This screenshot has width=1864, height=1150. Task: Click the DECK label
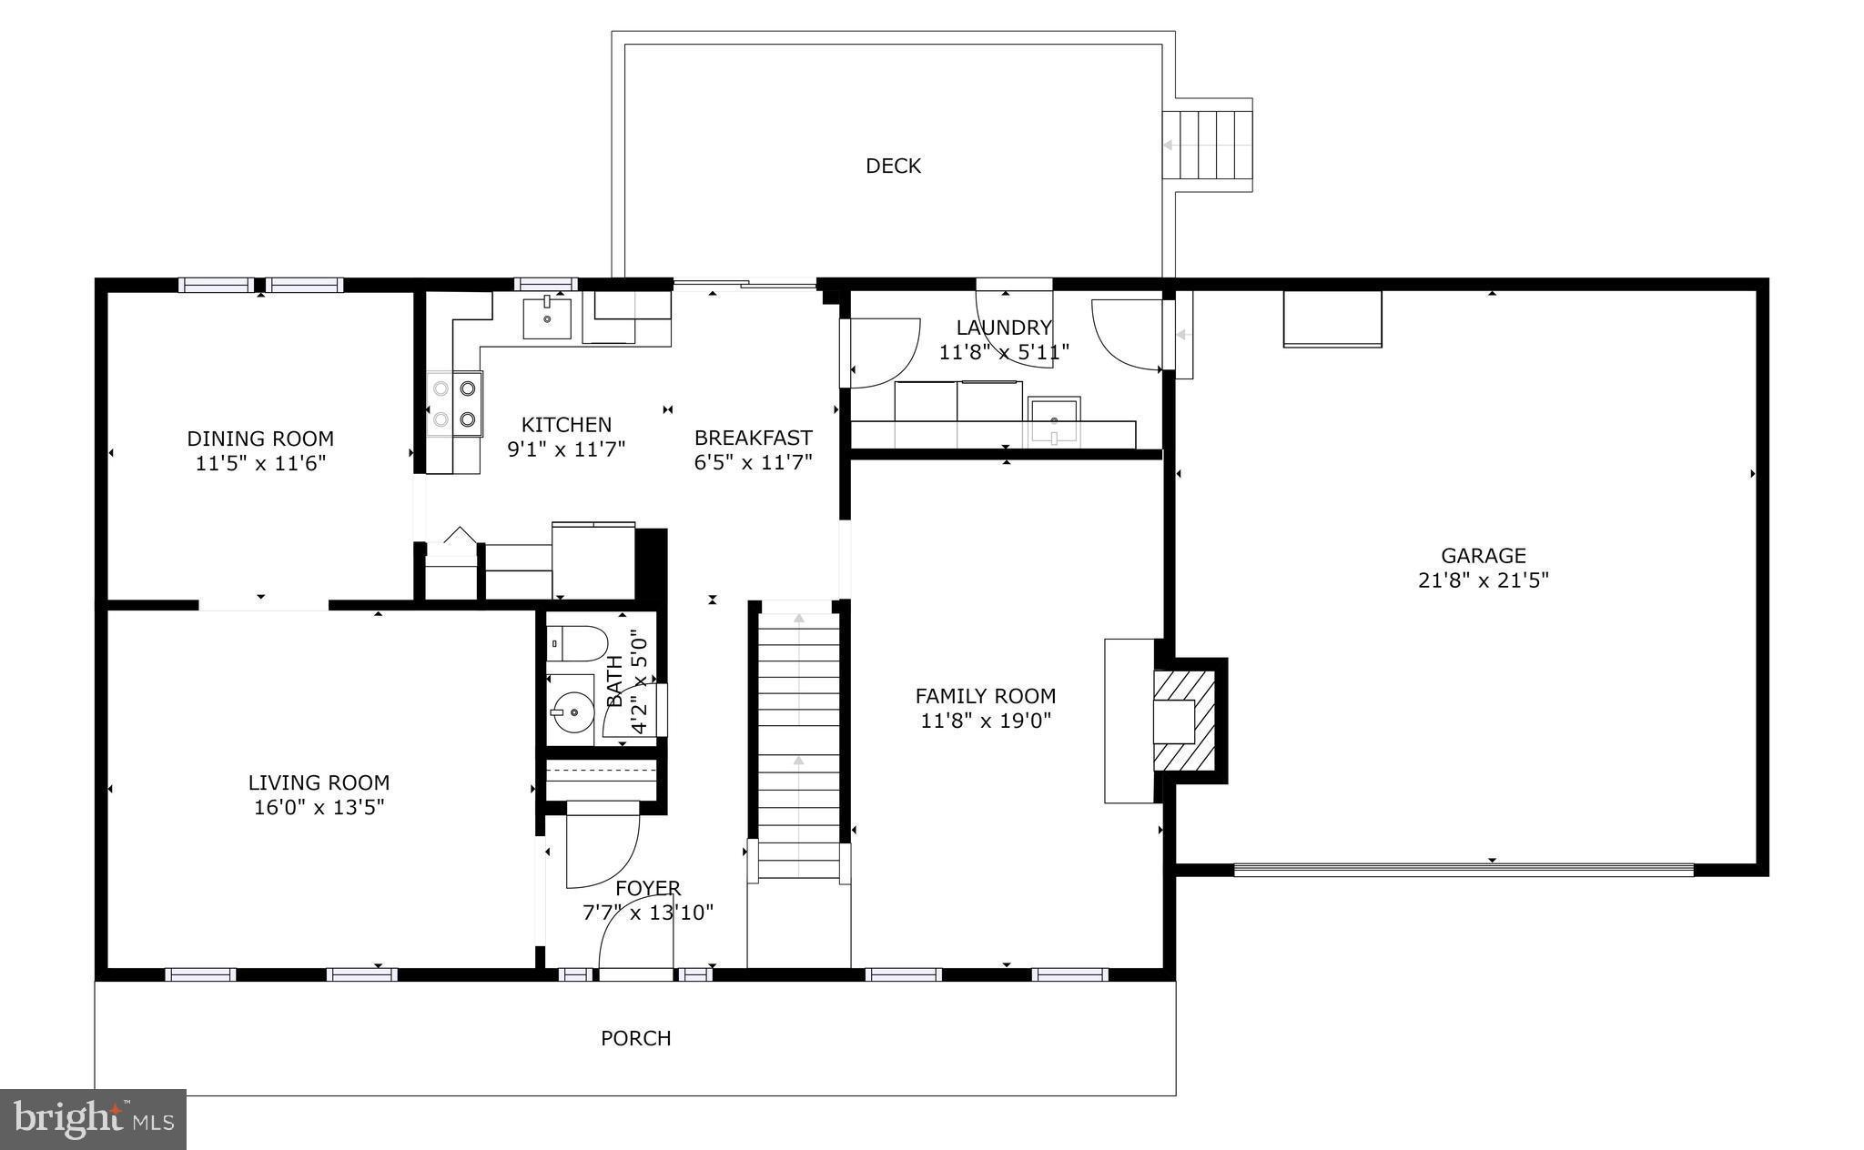[893, 166]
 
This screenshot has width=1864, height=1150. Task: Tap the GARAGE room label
[1484, 555]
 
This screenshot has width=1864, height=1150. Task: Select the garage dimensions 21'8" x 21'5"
[1484, 580]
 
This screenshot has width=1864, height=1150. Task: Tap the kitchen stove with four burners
[454, 403]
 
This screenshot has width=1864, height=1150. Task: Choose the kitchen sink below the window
[546, 316]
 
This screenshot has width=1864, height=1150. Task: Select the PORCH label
[635, 1038]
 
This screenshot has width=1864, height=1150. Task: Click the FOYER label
[648, 888]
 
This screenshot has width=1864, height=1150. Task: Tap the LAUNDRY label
[1004, 328]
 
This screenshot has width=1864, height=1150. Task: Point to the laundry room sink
[1054, 421]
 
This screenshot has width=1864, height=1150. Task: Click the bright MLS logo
[94, 1119]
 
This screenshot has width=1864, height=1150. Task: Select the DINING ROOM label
[260, 439]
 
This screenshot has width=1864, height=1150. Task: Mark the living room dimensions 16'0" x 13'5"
[319, 807]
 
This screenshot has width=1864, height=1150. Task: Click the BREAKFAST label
[753, 438]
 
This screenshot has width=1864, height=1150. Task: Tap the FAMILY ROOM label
[986, 696]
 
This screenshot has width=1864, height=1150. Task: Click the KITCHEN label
[566, 425]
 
